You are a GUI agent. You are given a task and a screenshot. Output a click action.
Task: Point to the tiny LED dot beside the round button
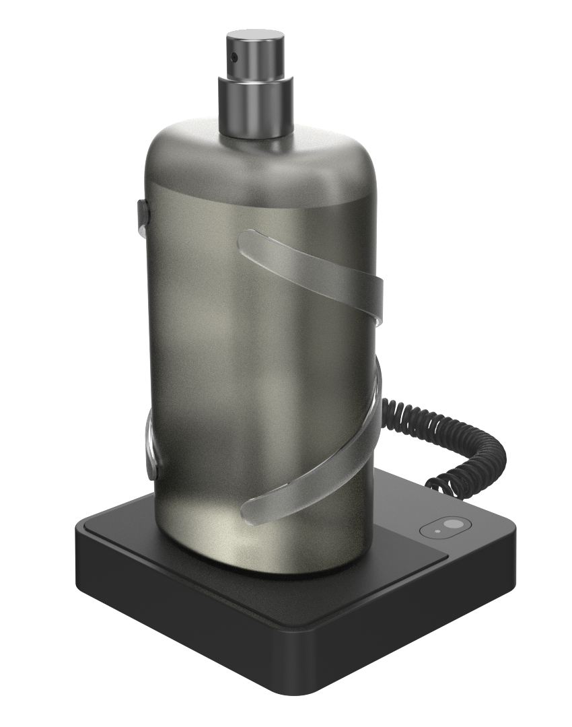point(438,530)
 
